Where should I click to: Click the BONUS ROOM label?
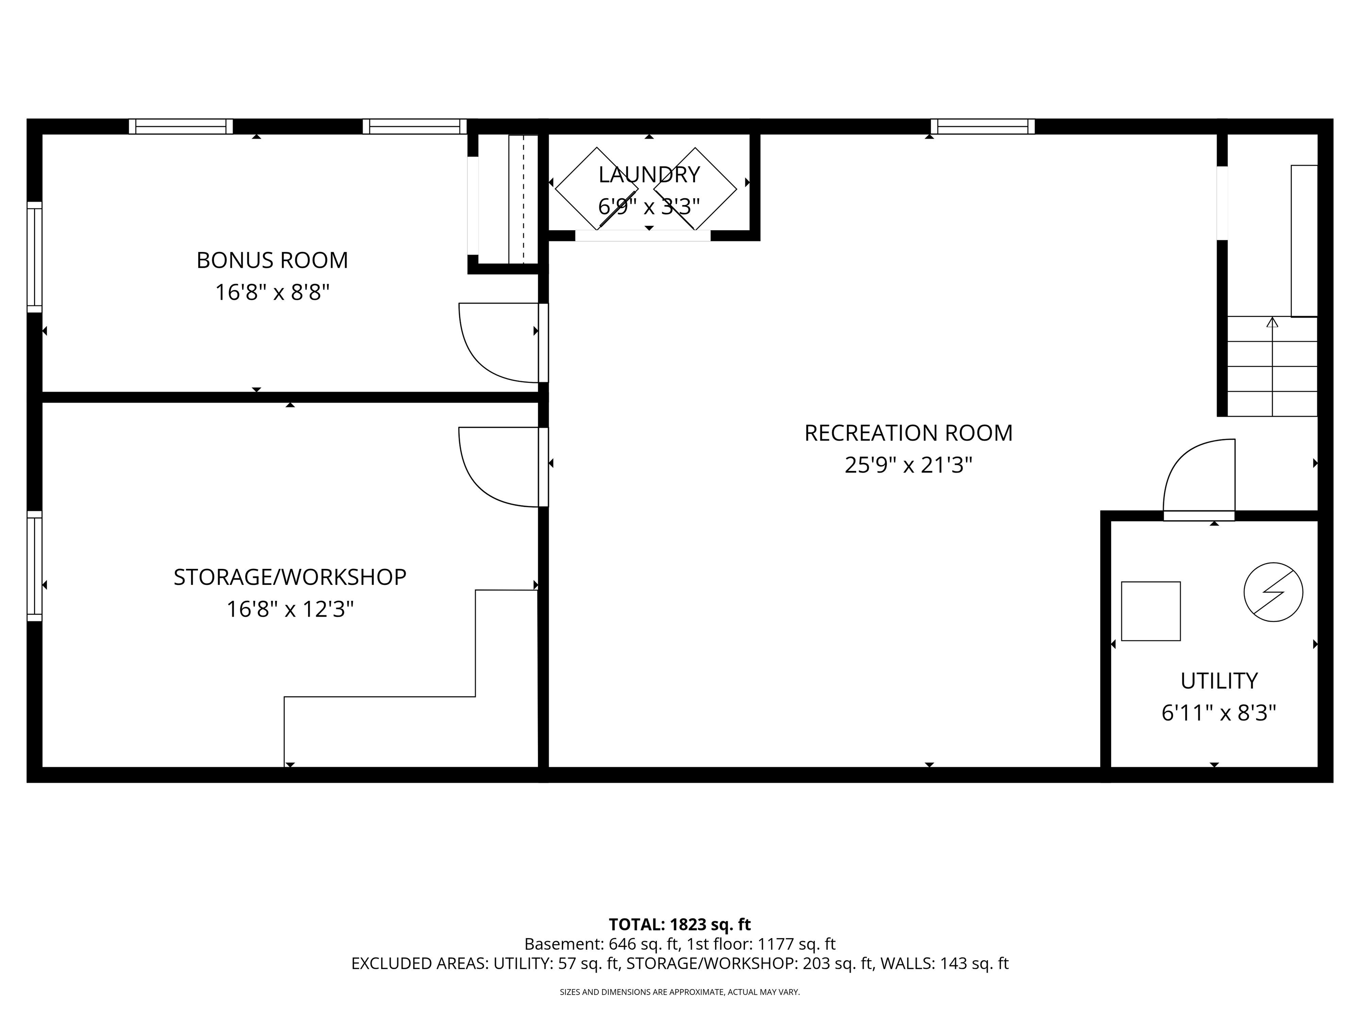coord(272,260)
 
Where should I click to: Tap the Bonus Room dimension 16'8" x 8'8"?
coord(272,292)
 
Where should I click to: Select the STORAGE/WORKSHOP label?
coord(290,577)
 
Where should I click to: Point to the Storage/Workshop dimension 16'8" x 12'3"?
coord(290,609)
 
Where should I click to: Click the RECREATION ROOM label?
coord(908,433)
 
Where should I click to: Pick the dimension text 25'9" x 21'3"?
coord(908,465)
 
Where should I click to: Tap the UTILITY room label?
coord(1219,680)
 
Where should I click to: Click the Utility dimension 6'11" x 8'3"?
coord(1219,713)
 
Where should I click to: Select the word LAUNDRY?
coord(649,174)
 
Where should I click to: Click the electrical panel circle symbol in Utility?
coord(1273,592)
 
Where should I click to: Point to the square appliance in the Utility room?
coord(1150,611)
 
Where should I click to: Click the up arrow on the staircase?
coord(1272,321)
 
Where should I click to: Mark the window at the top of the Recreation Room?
coord(982,127)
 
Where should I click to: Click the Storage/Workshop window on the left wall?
coord(35,566)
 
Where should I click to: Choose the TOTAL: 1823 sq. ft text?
coord(680,925)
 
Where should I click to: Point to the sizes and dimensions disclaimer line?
coord(680,992)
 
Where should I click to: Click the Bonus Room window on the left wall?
coord(35,257)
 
